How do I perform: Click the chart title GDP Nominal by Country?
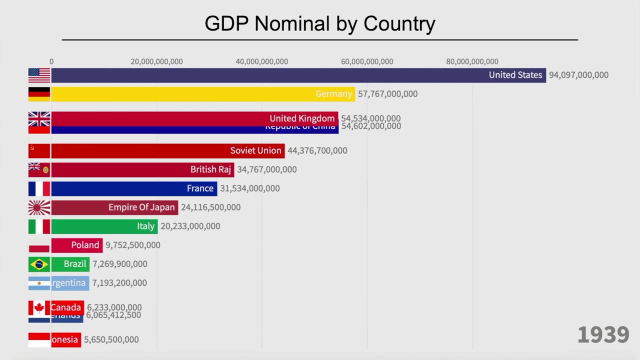tap(320, 23)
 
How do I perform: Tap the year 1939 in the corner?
tap(603, 335)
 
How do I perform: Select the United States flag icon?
tap(39, 75)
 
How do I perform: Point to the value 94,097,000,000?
tap(578, 75)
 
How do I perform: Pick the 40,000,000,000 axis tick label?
tap(261, 61)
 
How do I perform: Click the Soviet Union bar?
tap(167, 150)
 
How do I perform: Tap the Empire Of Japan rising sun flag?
tap(39, 207)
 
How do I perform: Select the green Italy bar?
tap(104, 226)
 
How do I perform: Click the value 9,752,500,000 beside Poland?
tap(133, 245)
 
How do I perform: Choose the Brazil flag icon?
tap(39, 264)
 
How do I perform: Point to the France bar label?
tap(200, 188)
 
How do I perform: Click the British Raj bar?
tap(142, 169)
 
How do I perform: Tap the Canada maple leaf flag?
tap(39, 307)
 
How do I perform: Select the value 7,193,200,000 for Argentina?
tap(119, 283)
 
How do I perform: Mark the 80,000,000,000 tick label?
tap(472, 61)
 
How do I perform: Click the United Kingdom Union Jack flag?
tap(39, 119)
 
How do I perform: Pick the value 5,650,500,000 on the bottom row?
tap(111, 339)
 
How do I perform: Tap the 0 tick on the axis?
tap(51, 61)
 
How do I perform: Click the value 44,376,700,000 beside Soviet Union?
tap(317, 150)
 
